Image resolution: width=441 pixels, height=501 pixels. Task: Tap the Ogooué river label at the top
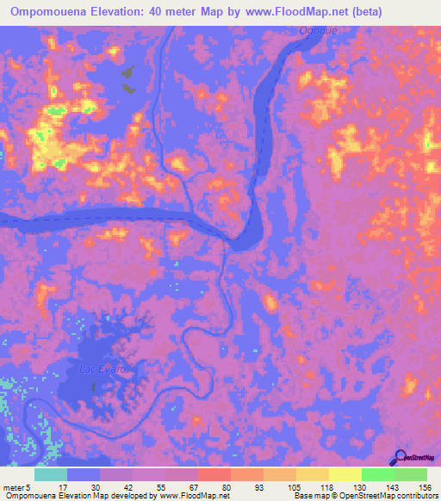314,30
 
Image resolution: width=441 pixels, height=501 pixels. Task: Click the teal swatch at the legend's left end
50,474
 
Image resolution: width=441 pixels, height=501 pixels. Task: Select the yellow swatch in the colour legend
345,474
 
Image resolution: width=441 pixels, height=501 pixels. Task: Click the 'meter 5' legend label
16,486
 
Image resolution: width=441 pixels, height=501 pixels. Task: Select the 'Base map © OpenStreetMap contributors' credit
364,496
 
